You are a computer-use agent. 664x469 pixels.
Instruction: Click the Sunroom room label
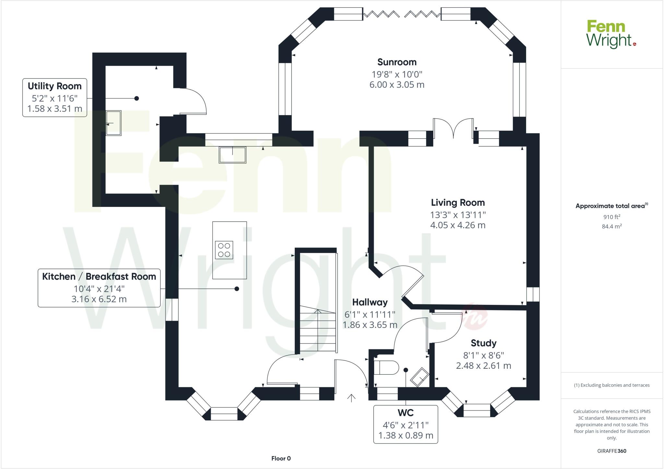[x=397, y=62]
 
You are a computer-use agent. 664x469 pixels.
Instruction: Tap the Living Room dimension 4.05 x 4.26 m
[x=457, y=225]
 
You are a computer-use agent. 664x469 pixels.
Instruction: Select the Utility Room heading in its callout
[x=54, y=86]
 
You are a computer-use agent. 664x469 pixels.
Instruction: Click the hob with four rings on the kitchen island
[x=224, y=250]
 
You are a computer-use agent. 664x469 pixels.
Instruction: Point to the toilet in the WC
[x=386, y=368]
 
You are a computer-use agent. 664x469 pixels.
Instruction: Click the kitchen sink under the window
[x=232, y=155]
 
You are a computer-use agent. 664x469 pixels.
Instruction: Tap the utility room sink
[x=114, y=123]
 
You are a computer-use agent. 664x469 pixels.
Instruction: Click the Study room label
[x=483, y=343]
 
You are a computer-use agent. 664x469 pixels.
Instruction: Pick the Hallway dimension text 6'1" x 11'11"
[x=370, y=314]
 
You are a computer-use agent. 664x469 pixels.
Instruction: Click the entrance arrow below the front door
[x=351, y=398]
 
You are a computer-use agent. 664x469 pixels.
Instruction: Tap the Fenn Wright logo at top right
[x=611, y=34]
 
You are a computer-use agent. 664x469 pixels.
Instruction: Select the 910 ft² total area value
[x=611, y=217]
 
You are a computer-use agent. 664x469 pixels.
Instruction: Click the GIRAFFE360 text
[x=611, y=451]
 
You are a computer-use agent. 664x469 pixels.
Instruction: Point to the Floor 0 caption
[x=281, y=458]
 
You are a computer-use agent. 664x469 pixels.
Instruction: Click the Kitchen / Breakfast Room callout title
[x=99, y=277]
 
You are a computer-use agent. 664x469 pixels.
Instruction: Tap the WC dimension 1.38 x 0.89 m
[x=406, y=435]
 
